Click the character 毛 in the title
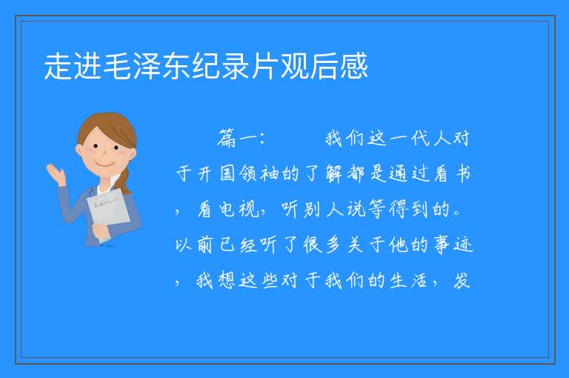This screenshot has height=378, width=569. coord(118,66)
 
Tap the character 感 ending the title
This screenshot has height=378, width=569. coord(354,66)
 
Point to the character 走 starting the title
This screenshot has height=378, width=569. coord(58,66)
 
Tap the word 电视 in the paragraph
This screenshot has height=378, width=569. coord(239,209)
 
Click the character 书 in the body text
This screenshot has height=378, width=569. coord(463,173)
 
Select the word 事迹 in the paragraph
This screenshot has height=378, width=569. coord(453,245)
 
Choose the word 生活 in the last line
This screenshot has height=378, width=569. coord(409,280)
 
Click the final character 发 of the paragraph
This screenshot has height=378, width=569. coord(462,280)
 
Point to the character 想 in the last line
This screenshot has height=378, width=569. coord(227,280)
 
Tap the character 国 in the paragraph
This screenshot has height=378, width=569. coord(227,173)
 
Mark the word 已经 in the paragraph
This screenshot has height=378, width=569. coord(239,245)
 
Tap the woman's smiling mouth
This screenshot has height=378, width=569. coord(105,165)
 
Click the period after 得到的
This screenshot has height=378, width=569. coord(459,214)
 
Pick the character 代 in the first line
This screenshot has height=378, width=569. coord(419,139)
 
